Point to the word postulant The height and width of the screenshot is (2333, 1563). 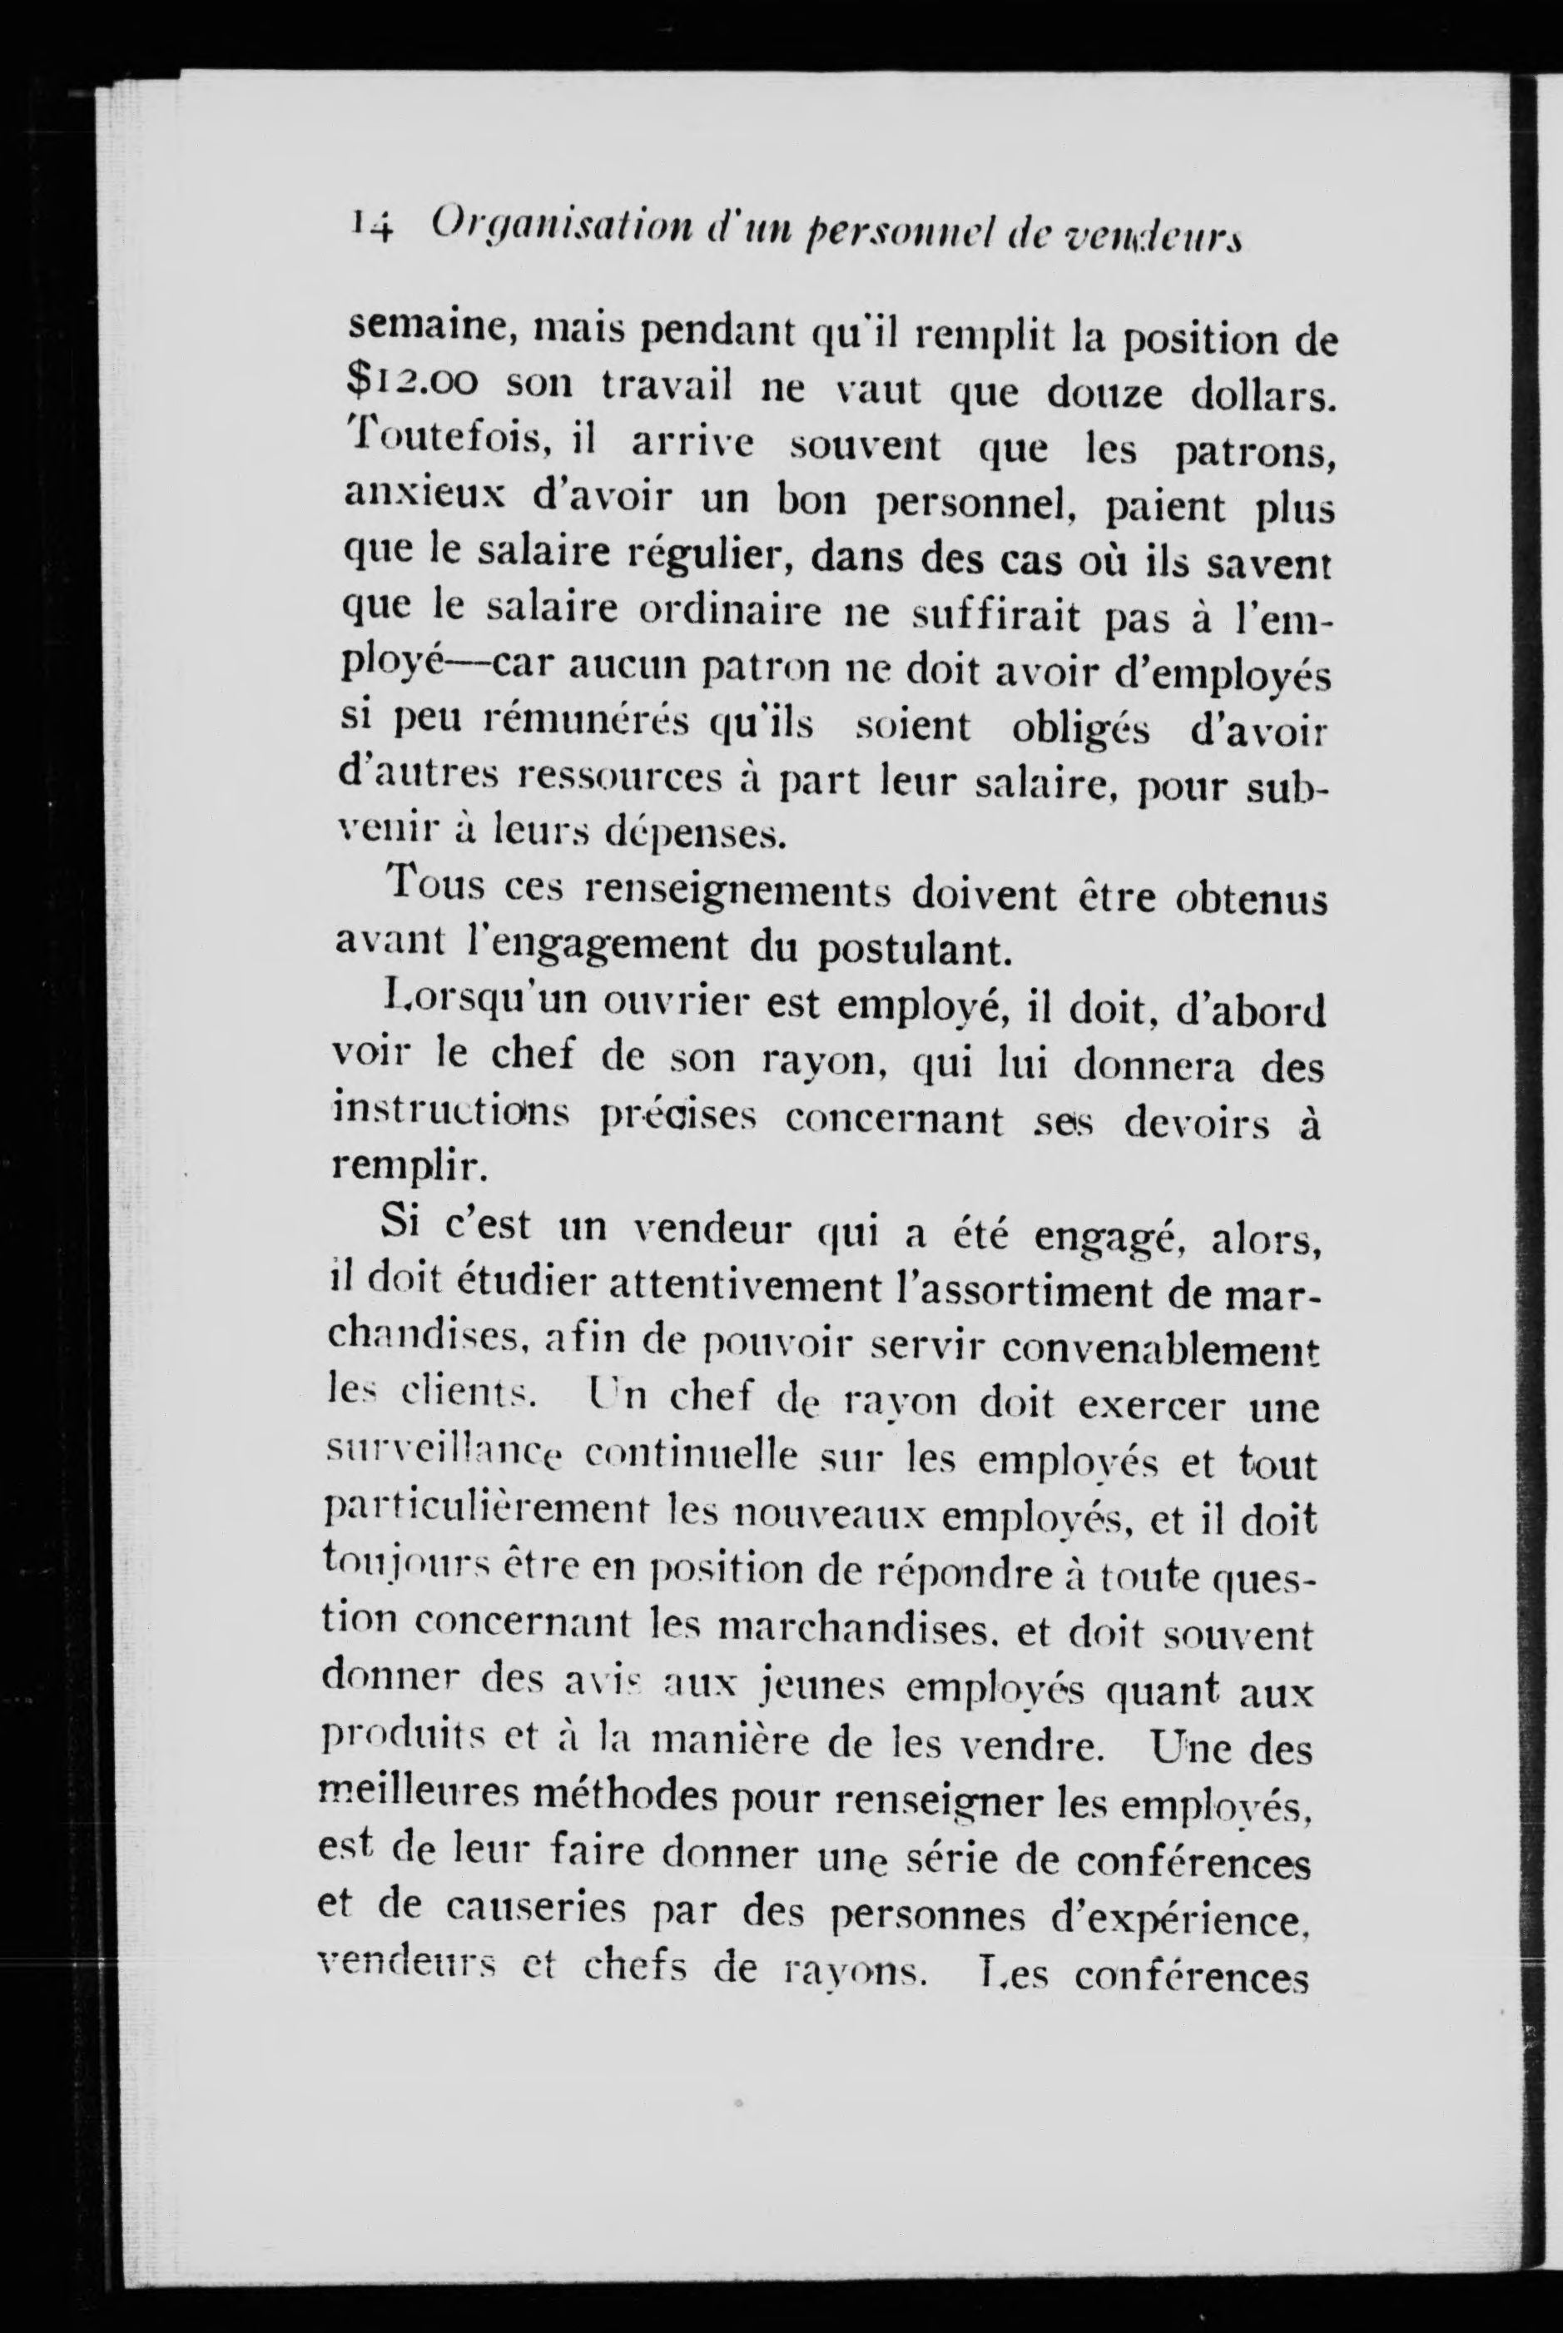click(913, 950)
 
